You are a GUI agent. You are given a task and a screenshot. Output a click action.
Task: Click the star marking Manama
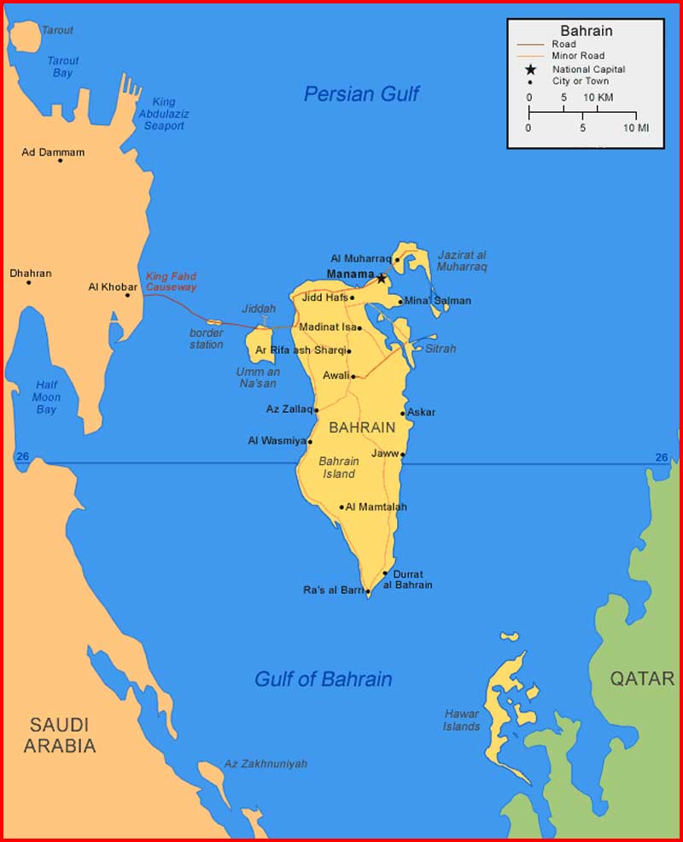pos(381,278)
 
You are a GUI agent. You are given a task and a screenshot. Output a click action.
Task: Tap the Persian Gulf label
pos(361,94)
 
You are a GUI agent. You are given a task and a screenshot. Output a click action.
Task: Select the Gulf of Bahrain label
pos(323,680)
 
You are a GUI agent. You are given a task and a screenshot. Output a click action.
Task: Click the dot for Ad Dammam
pos(60,161)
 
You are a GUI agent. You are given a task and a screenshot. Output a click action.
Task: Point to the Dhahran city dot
pos(28,282)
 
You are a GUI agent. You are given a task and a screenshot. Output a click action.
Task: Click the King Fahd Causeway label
pos(171,282)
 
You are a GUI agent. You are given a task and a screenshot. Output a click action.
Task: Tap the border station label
pos(207,339)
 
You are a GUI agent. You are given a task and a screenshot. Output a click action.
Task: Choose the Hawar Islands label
pos(462,720)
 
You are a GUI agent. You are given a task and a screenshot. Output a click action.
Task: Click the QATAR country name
pos(642,679)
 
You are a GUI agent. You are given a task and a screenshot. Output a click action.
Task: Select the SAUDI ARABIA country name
pos(60,735)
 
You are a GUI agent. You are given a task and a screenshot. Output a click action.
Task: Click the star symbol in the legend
pos(530,69)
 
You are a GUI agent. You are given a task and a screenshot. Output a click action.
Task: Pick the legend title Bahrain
pos(586,31)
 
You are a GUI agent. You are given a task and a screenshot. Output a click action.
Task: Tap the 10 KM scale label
pos(598,97)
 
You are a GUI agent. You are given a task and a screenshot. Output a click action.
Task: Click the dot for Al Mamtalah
pos(341,507)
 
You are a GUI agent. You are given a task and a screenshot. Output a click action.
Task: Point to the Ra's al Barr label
pos(333,590)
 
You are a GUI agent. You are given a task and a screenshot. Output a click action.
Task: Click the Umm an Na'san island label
pos(257,378)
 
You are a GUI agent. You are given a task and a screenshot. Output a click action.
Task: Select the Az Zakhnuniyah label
pos(265,763)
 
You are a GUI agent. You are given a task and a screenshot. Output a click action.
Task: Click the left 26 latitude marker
pos(22,457)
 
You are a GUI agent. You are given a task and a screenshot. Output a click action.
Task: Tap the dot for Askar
pos(403,414)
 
